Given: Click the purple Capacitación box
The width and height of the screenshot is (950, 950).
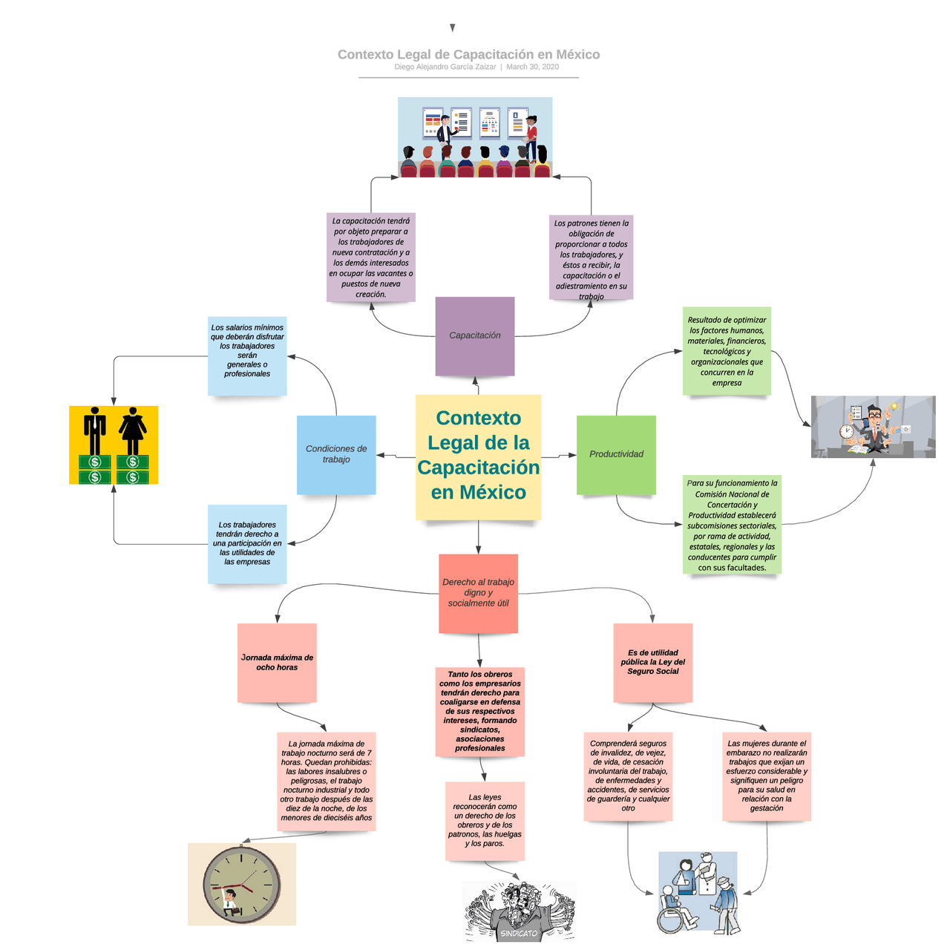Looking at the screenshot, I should pos(474,335).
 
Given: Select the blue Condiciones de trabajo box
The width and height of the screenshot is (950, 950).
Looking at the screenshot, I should pos(336,454).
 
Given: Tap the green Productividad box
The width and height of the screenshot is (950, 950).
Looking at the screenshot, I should pos(616,454).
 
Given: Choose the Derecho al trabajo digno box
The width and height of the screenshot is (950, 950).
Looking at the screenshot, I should pos(478,593).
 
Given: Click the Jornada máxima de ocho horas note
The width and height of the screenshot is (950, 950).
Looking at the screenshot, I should pos(277,662).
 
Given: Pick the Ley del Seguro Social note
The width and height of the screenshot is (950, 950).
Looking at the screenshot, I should pos(652,662).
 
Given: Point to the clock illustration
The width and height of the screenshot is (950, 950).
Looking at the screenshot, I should pos(242,884).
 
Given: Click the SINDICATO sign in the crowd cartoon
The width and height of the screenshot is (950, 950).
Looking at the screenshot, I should pos(519,933).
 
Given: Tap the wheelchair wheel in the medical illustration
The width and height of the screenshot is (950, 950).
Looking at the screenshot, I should pos(672,920).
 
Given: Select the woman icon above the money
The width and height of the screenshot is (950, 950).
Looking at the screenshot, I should pos(133,430).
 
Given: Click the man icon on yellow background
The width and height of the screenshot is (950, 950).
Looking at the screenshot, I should pos(94,430).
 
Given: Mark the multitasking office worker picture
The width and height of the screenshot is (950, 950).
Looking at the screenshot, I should pos(873,427).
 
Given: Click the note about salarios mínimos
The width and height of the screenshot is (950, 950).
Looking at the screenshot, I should pos(247,350).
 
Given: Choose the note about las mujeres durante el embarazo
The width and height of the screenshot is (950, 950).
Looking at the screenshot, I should pos(766,776).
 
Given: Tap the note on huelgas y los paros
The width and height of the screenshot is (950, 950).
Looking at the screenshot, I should pos(485,820).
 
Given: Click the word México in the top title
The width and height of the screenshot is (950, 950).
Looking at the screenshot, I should pos(577,54).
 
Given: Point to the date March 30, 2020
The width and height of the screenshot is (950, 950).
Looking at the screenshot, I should pos(532,67).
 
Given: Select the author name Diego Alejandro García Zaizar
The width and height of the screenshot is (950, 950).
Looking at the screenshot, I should pos(445,67).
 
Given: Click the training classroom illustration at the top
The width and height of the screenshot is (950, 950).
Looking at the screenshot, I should pos(475,137).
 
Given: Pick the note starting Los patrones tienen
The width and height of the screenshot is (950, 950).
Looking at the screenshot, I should pos(591,258).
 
